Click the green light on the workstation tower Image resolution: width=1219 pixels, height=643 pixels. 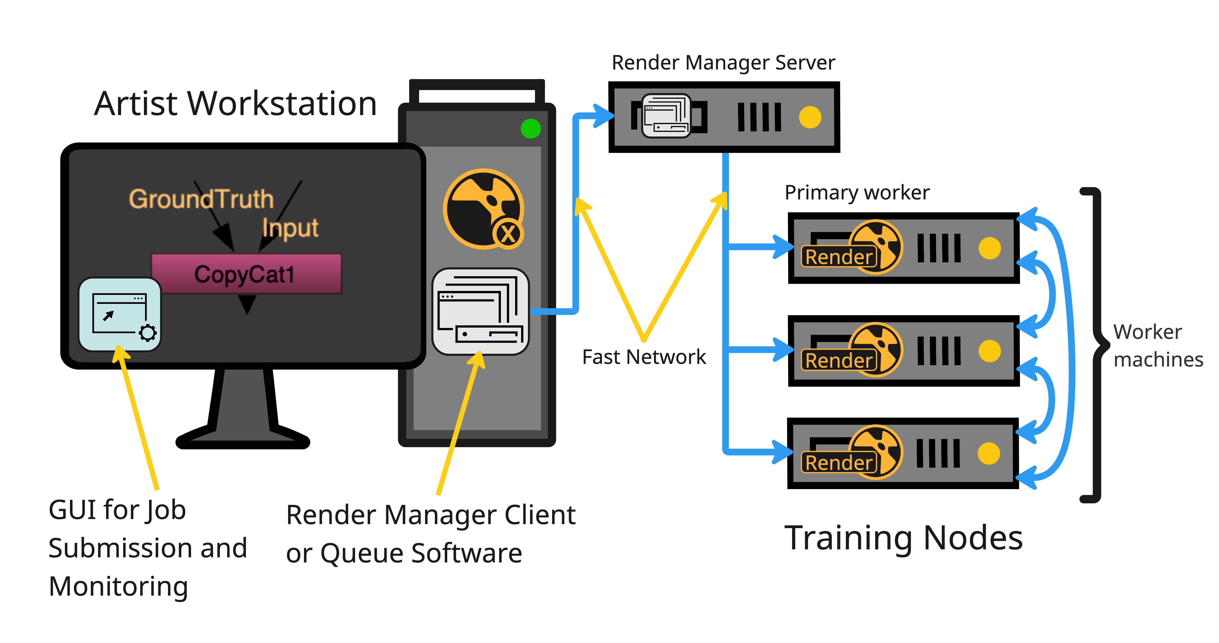point(530,129)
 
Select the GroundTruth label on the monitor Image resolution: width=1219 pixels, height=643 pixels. point(201,199)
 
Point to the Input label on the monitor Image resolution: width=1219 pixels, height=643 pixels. point(290,228)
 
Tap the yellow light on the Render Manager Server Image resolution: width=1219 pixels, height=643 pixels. point(810,117)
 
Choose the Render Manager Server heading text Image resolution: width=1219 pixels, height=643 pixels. point(723,62)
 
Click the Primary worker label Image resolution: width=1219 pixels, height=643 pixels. point(857,193)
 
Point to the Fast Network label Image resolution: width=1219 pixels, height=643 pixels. point(644,357)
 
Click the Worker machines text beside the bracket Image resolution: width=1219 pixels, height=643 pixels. point(1157,345)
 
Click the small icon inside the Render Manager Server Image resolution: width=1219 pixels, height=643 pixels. point(666,116)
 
